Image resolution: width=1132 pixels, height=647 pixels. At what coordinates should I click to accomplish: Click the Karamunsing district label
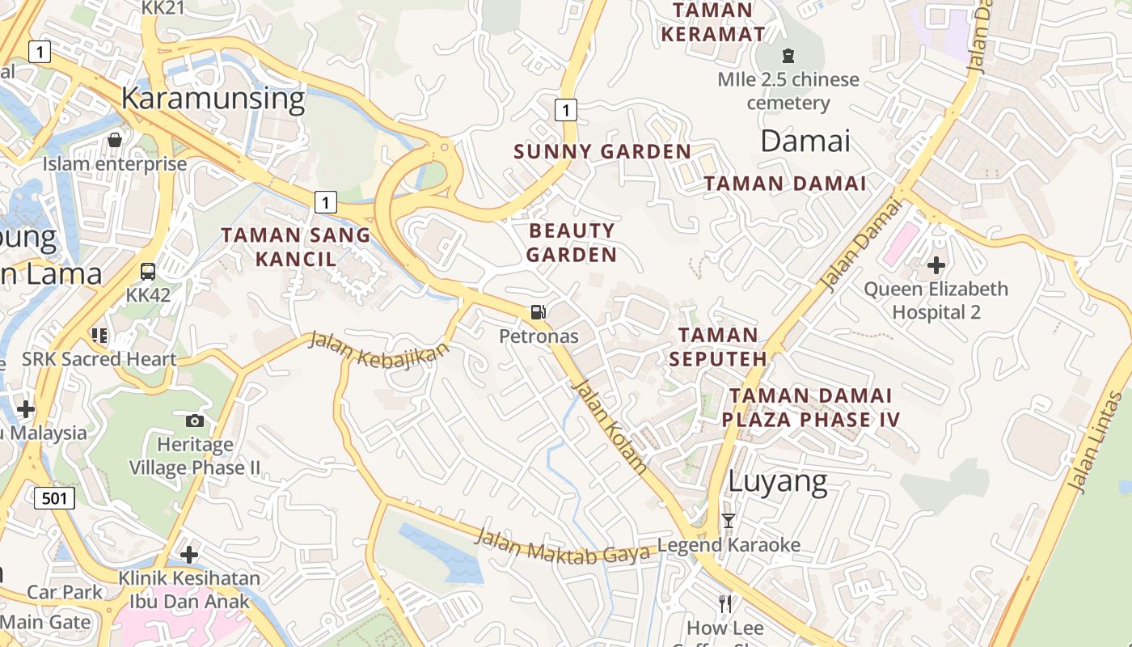click(x=213, y=99)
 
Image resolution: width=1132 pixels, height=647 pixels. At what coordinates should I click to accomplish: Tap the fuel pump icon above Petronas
click(x=538, y=311)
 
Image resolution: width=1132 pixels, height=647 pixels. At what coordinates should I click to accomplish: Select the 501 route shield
click(x=54, y=497)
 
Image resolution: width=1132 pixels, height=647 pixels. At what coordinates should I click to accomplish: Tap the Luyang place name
click(x=778, y=481)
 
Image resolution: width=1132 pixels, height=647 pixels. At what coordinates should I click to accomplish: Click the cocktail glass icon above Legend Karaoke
click(x=728, y=521)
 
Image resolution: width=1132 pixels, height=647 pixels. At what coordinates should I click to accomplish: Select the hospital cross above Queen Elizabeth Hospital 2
click(x=936, y=264)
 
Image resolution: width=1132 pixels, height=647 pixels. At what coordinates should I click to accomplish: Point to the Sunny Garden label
click(x=602, y=151)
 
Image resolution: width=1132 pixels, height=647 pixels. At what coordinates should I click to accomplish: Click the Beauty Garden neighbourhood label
click(x=572, y=243)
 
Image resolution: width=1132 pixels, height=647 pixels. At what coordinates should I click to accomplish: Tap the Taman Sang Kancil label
click(x=296, y=247)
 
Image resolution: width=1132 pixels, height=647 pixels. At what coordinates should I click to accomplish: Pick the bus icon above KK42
click(x=148, y=271)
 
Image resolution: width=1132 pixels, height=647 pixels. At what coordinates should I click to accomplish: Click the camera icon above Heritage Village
click(x=194, y=421)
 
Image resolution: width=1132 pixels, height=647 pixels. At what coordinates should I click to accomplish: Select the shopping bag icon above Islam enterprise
click(x=115, y=140)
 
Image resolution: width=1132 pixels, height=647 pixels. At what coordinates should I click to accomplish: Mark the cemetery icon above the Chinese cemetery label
click(x=788, y=56)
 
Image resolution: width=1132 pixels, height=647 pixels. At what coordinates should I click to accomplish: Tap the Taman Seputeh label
click(x=718, y=346)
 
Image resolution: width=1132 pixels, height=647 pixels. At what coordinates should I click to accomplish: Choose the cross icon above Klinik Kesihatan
click(x=189, y=555)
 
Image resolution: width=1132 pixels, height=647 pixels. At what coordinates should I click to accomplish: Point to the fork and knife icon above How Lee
click(x=725, y=603)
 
